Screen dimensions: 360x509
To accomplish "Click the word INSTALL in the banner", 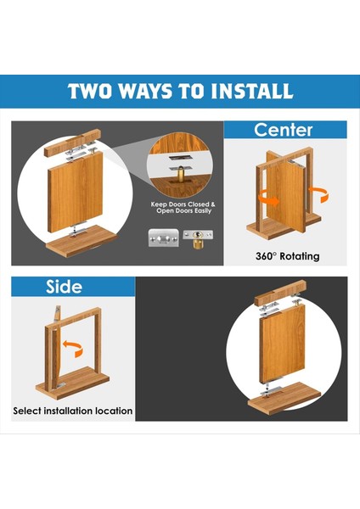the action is click(252, 91).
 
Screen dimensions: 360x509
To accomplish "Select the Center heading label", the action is click(283, 130).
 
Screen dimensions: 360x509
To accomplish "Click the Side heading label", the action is click(64, 287).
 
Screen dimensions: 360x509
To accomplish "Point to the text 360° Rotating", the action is click(287, 256).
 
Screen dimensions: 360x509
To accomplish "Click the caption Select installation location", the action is click(73, 411).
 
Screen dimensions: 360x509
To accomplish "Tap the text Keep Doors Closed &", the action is click(183, 204).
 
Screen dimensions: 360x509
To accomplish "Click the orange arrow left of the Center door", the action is click(268, 198).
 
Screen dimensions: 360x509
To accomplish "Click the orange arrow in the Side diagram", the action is click(73, 349).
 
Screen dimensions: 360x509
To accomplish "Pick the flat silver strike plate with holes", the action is click(163, 238).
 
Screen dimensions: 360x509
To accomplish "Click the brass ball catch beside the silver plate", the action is click(198, 239).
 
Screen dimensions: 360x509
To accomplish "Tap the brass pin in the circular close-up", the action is click(178, 176).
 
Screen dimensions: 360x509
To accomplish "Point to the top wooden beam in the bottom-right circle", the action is click(280, 293).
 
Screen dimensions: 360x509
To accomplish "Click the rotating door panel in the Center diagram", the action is click(286, 194).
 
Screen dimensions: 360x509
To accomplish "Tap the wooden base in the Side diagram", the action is click(72, 383).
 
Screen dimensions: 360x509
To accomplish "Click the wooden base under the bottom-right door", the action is click(284, 398).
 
